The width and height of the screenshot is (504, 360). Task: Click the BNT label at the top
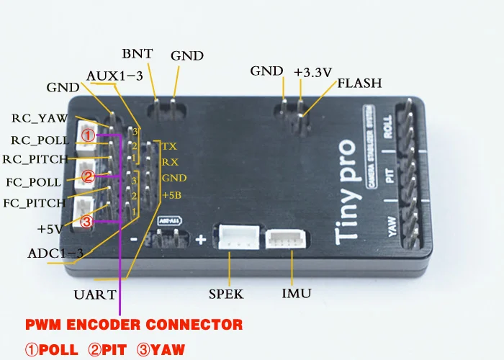136,54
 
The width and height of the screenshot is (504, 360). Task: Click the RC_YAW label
40,118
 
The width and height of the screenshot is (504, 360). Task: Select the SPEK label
226,294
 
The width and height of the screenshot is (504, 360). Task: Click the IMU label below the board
296,294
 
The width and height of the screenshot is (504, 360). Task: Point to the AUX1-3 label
113,76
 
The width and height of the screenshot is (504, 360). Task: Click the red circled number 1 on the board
87,135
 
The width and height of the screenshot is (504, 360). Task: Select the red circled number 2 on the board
87,176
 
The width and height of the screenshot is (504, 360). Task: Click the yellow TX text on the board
169,146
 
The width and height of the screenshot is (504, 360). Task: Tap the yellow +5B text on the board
171,195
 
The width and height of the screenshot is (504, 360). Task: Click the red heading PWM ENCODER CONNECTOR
135,324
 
